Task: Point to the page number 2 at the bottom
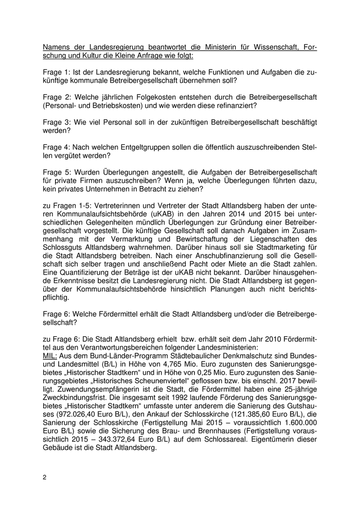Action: point(45,477)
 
